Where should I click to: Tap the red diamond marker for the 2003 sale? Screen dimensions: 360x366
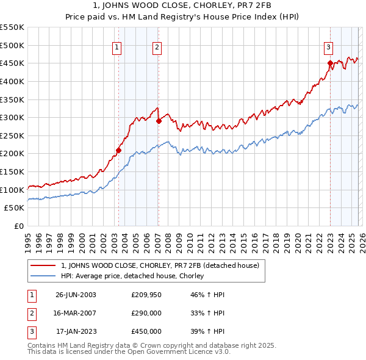119,150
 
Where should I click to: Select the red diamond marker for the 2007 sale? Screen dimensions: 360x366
159,121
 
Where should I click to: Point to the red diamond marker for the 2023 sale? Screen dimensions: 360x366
330,63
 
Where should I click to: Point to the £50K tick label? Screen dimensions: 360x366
15,208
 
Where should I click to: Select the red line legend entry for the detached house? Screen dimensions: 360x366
160,265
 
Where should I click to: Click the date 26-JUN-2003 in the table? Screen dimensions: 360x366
76,295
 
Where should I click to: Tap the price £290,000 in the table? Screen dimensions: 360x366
146,313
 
